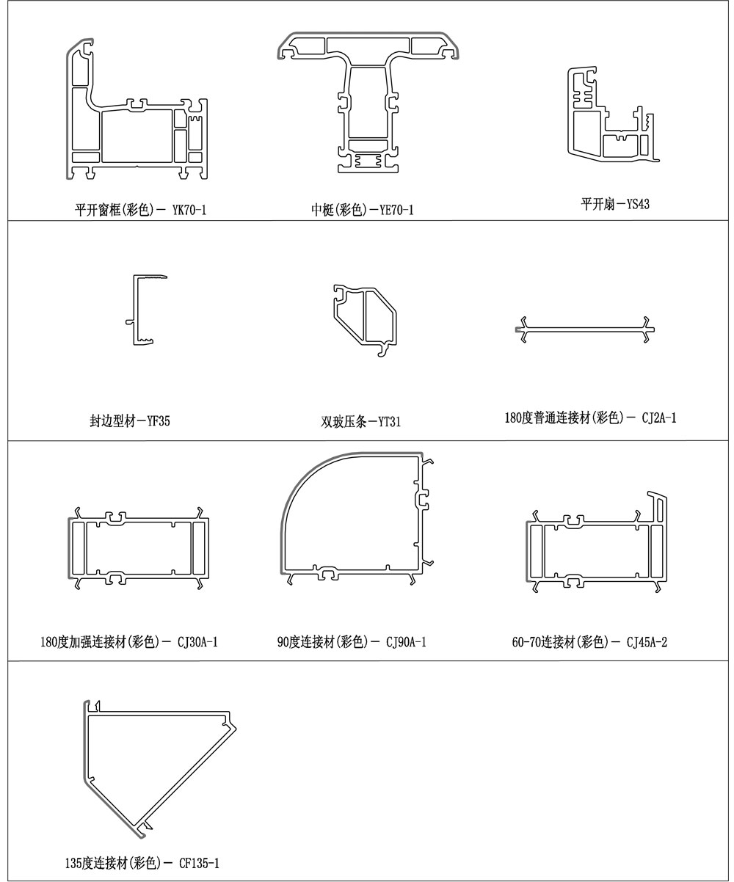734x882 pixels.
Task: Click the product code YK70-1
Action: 189,211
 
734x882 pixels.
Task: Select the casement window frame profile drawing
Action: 136,117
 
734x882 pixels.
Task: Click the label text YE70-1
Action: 397,211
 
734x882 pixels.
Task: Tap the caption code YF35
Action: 158,422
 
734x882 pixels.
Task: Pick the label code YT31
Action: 389,423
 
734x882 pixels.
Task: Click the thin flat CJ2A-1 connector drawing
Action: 585,329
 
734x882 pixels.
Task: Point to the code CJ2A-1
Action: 659,419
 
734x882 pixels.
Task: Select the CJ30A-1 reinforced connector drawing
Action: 139,547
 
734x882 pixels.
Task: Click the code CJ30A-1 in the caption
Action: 197,643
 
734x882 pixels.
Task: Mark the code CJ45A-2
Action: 647,643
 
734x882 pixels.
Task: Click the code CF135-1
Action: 199,863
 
